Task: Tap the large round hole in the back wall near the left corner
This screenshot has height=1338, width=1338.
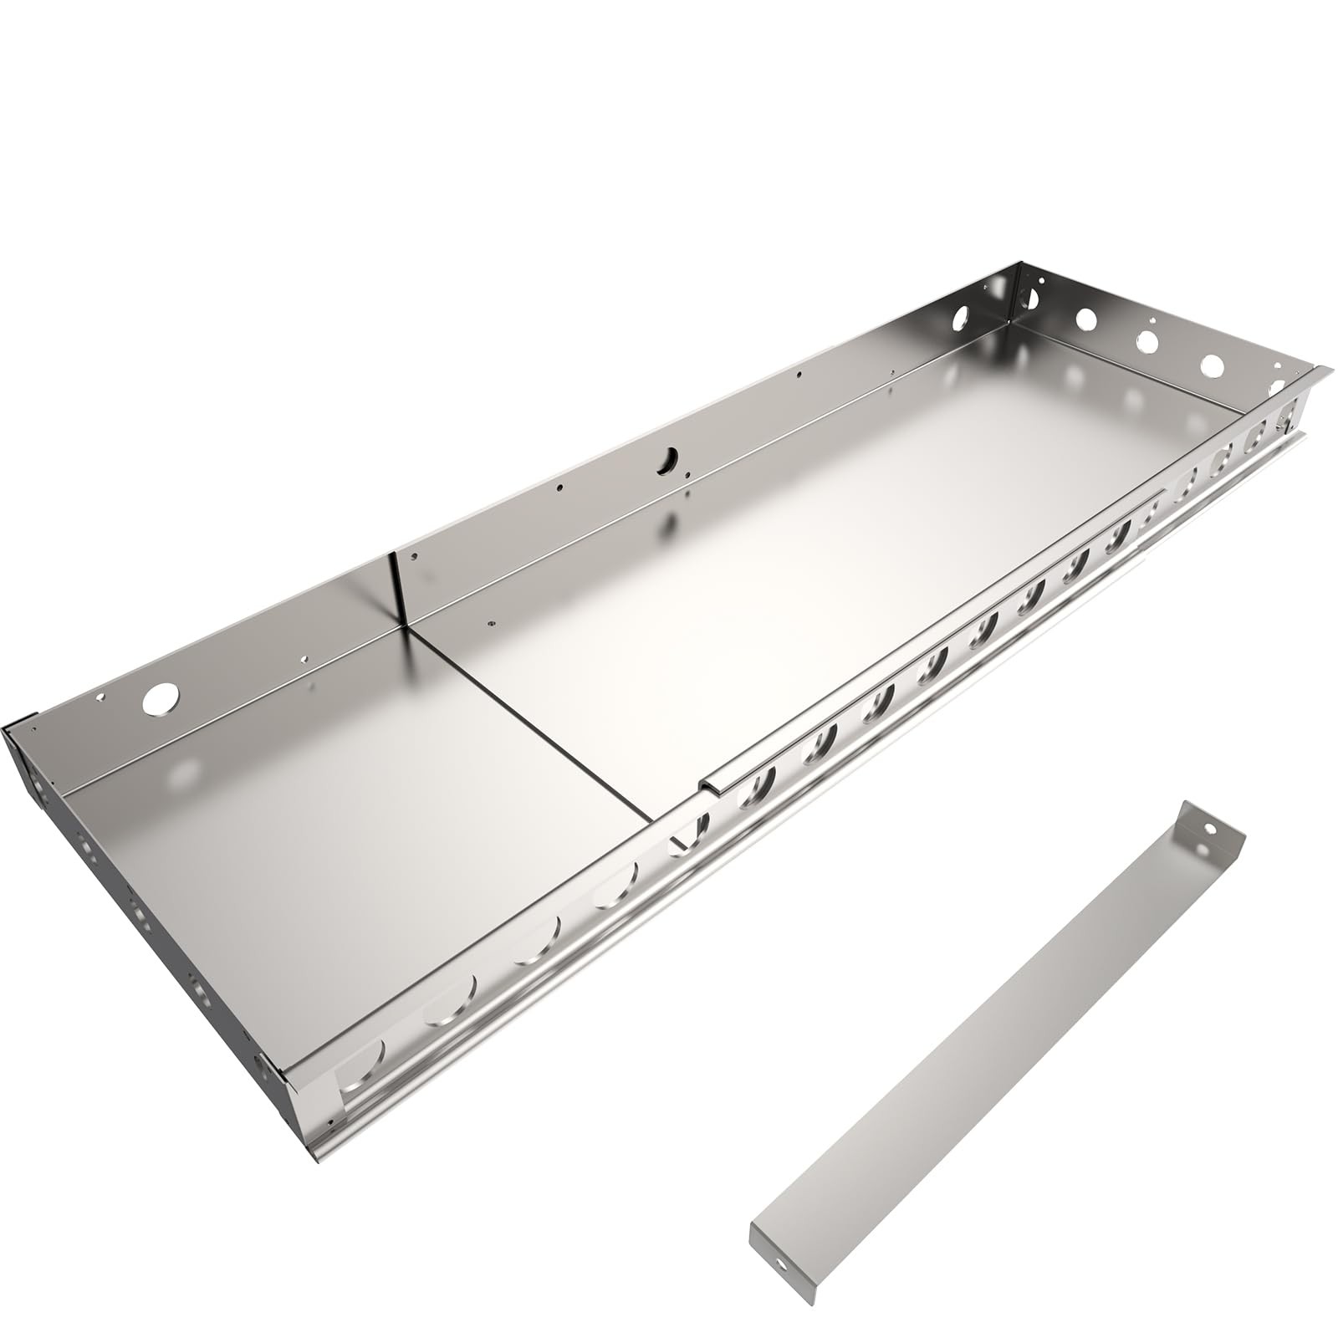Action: (x=160, y=698)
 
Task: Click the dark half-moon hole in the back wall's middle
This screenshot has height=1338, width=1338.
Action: (x=668, y=458)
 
